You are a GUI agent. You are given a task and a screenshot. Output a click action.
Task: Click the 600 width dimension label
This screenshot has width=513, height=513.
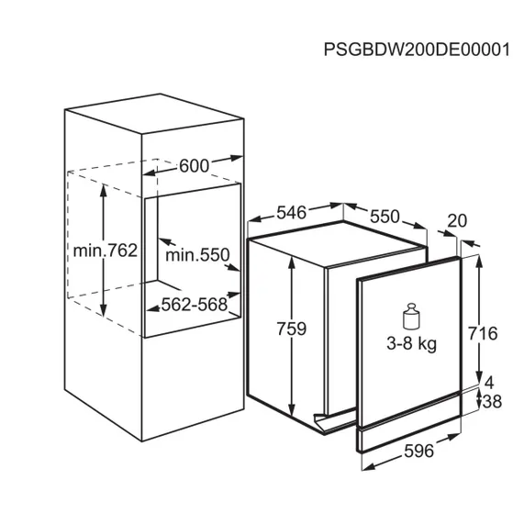[193, 166]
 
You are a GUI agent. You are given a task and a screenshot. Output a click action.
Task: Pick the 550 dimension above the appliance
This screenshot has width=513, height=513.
[385, 217]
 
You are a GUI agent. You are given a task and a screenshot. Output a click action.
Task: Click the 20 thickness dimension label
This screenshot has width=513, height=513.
[459, 221]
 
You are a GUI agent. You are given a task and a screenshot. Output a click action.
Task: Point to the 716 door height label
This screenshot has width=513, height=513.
[494, 331]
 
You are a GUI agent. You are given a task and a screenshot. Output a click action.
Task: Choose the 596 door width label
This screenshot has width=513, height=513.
[418, 452]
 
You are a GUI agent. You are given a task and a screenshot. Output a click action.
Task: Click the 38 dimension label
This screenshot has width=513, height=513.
[494, 401]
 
